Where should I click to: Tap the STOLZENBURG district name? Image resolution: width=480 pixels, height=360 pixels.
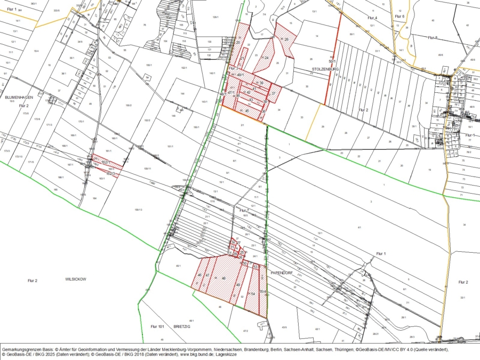(x=325, y=69)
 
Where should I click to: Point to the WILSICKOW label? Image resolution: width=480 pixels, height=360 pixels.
(x=75, y=279)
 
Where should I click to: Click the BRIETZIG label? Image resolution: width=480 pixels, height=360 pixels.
(x=181, y=326)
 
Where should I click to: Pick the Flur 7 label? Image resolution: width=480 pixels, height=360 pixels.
(x=244, y=211)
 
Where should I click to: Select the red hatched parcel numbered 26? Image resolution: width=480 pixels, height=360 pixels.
(x=286, y=40)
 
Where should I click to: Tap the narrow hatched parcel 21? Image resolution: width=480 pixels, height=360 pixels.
(x=242, y=58)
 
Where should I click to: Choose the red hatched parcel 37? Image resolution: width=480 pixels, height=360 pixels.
(x=273, y=94)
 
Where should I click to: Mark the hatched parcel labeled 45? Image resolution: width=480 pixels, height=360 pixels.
(x=247, y=110)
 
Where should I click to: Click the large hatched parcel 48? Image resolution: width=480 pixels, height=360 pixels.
(x=223, y=278)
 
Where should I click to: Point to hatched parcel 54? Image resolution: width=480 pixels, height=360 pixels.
(x=253, y=293)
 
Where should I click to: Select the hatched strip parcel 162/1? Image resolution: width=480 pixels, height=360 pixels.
(x=106, y=162)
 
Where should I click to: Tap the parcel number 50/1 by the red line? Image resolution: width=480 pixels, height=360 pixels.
(x=332, y=61)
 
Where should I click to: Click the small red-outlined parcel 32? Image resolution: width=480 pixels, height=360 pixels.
(x=233, y=242)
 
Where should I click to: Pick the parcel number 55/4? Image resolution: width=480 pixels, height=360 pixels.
(x=262, y=291)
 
